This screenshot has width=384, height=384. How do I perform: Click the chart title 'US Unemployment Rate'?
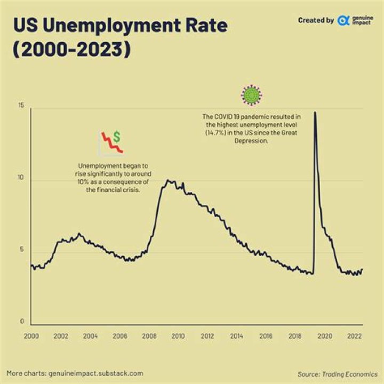(120, 26)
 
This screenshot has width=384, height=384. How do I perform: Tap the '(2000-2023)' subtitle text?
(72, 50)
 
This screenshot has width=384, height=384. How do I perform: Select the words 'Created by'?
(316, 20)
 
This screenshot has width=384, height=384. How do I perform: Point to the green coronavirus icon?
(251, 95)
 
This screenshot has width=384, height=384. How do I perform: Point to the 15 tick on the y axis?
(21, 106)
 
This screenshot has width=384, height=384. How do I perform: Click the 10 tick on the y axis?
(21, 178)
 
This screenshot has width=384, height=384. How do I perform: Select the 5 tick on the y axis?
(22, 249)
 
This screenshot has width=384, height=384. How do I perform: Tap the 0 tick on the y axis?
(22, 321)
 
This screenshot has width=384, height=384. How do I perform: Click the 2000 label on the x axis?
(31, 336)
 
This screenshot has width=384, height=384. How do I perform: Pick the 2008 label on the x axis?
(149, 336)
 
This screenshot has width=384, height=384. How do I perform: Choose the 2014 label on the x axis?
(237, 336)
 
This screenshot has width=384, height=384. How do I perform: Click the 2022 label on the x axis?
(354, 336)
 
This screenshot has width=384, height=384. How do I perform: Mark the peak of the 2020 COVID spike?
(315, 112)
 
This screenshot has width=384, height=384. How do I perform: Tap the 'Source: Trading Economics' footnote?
(337, 374)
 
